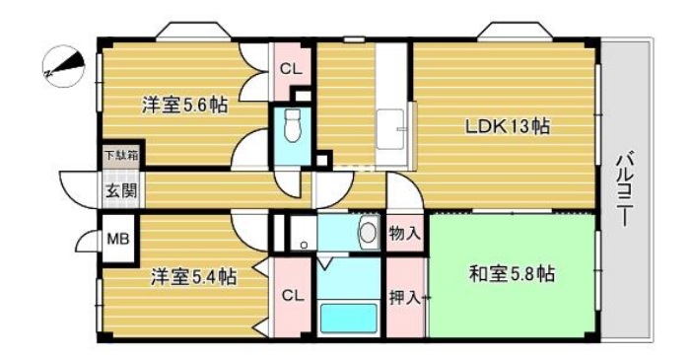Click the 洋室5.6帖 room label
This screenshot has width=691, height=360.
(184, 105)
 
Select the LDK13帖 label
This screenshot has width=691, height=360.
(508, 126)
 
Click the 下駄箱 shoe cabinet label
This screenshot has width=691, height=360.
(122, 154)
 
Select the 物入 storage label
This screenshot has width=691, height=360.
(404, 234)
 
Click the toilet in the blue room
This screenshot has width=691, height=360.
(291, 125)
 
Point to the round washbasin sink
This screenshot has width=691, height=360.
(367, 234)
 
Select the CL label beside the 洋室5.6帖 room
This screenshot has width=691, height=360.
(290, 69)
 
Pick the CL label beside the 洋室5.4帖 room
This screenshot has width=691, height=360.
(292, 295)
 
